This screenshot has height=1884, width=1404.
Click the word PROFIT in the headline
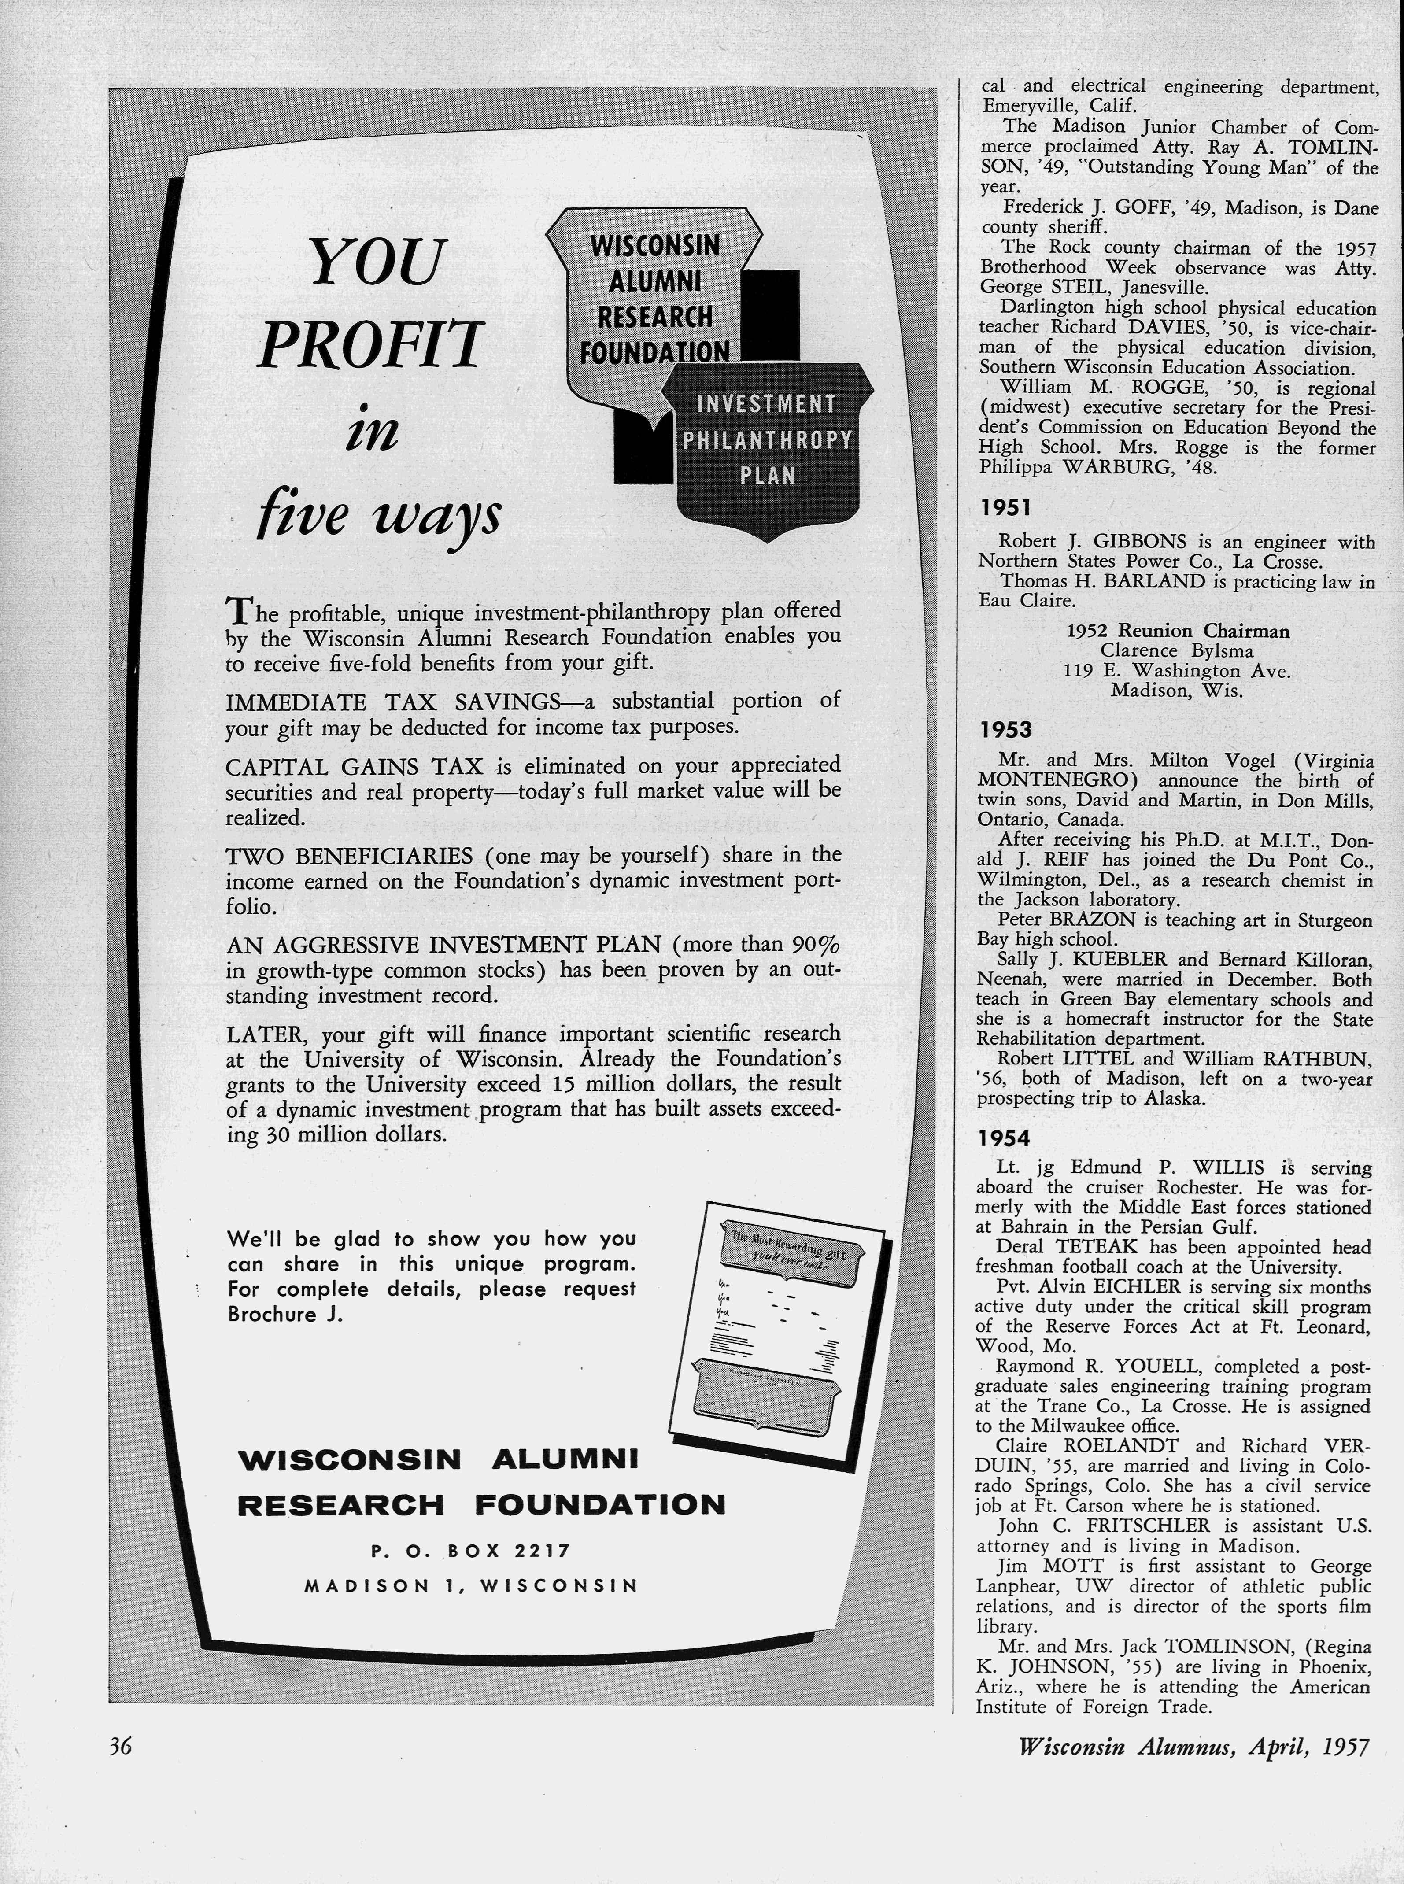point(369,344)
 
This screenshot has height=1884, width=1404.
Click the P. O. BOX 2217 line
point(470,1551)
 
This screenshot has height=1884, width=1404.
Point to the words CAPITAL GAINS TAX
point(355,767)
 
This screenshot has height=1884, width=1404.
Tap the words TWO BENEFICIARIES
point(348,855)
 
